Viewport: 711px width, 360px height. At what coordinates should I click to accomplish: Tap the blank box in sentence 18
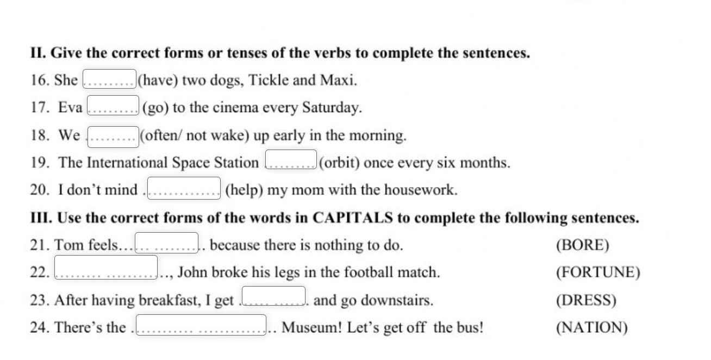pos(113,136)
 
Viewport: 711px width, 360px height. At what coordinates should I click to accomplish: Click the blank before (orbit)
pos(291,160)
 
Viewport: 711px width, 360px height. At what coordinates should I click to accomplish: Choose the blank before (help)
pos(184,188)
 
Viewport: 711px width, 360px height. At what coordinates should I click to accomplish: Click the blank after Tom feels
pos(166,243)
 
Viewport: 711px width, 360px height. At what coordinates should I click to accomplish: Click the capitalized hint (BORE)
pos(582,245)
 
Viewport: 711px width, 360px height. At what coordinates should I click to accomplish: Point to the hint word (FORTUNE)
pos(597,272)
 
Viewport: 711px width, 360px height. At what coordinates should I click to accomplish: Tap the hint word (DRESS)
pos(586,300)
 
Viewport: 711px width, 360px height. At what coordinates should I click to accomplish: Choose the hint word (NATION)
pos(591,328)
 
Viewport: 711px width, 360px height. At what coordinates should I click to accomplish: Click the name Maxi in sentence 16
pos(338,80)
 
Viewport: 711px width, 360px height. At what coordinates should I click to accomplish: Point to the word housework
pos(420,190)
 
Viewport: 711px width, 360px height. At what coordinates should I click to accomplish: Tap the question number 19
pos(40,163)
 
